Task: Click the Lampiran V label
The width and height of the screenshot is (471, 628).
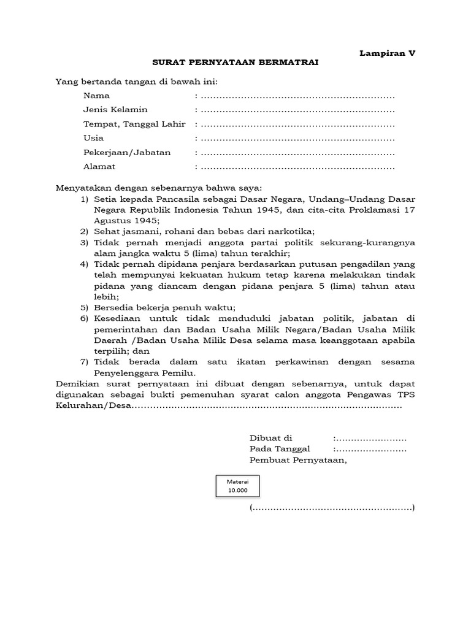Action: (387, 53)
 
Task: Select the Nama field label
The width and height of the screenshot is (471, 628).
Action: (96, 96)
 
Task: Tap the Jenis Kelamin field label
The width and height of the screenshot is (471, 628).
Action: (115, 110)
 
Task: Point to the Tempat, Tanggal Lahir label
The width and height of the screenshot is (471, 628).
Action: (134, 124)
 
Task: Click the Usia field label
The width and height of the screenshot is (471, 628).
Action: (93, 138)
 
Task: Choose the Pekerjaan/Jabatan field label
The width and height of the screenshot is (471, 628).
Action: (127, 152)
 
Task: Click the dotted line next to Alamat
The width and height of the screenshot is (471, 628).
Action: (297, 167)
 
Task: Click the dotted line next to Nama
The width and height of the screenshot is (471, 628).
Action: (297, 96)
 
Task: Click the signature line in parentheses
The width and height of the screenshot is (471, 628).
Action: (332, 508)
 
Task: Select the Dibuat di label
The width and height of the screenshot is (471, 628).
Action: (271, 438)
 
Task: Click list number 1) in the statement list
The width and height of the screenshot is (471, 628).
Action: (84, 199)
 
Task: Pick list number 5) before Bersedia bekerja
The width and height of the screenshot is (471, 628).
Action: (84, 307)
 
